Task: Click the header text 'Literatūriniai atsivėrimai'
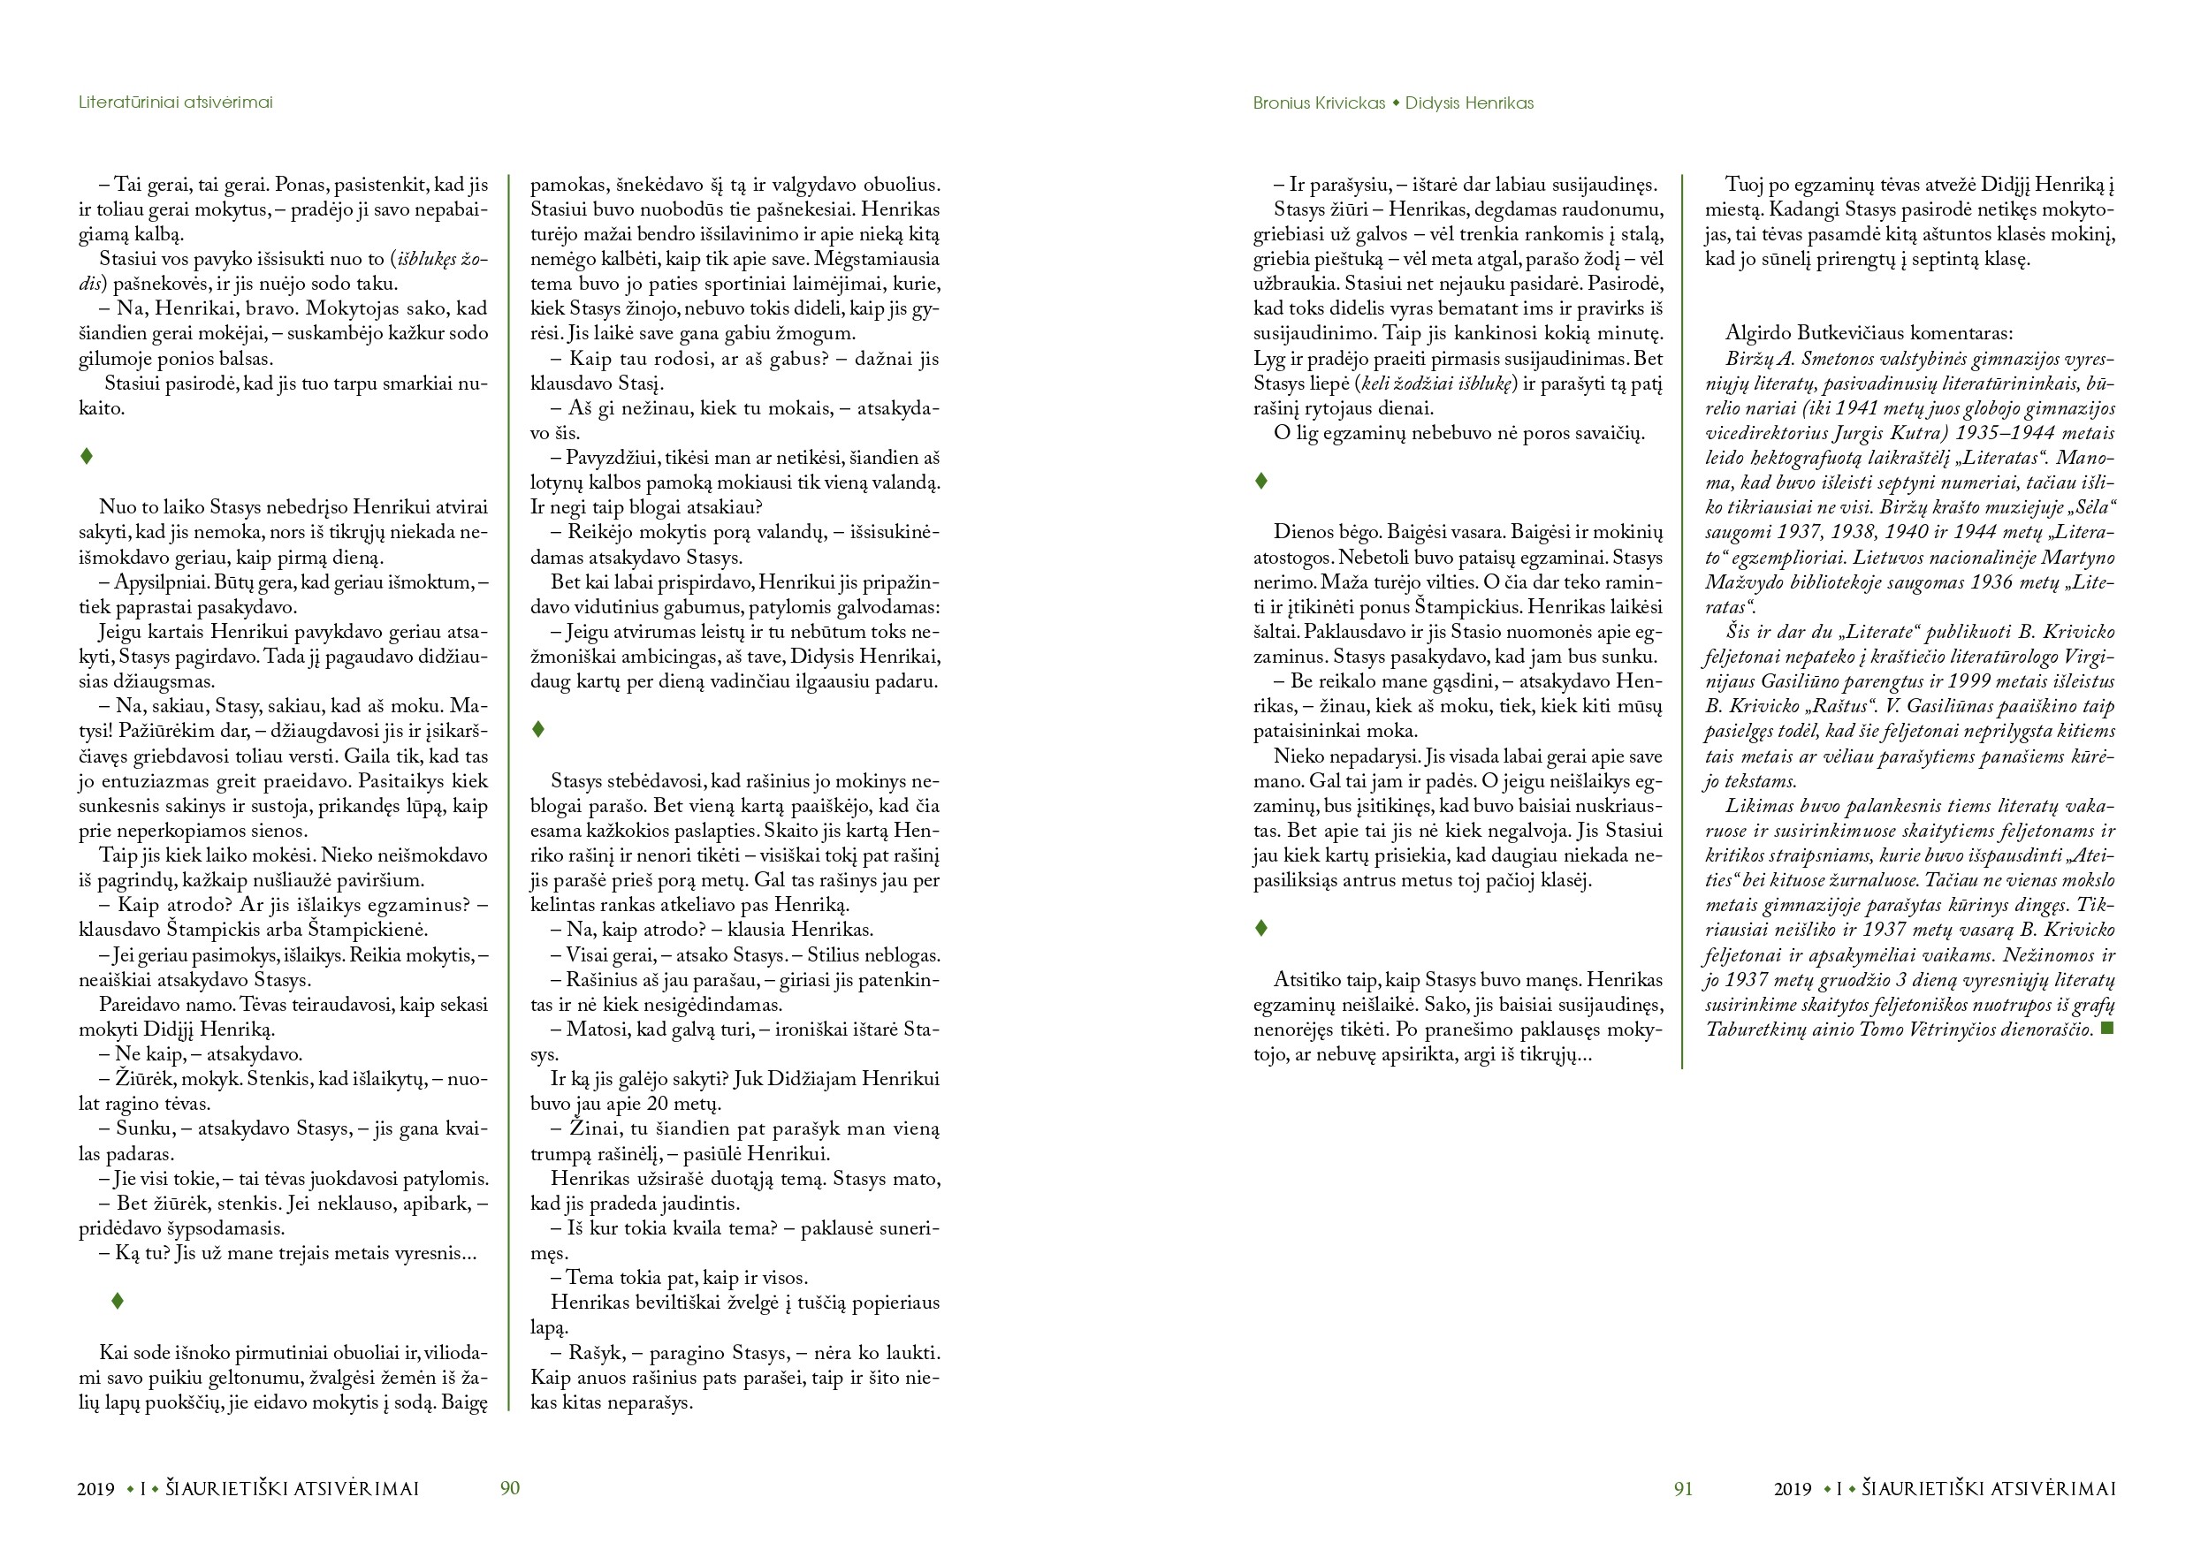point(175,103)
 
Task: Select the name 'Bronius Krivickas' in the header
point(1318,103)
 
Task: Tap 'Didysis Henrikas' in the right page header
point(1469,103)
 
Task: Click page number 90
point(510,1488)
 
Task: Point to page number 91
point(1683,1488)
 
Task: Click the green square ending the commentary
point(2108,1029)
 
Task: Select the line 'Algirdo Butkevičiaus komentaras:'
point(1869,333)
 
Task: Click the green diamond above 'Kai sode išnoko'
point(118,1301)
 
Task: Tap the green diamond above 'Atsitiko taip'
point(1260,928)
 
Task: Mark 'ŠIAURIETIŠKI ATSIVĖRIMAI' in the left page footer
point(293,1488)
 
